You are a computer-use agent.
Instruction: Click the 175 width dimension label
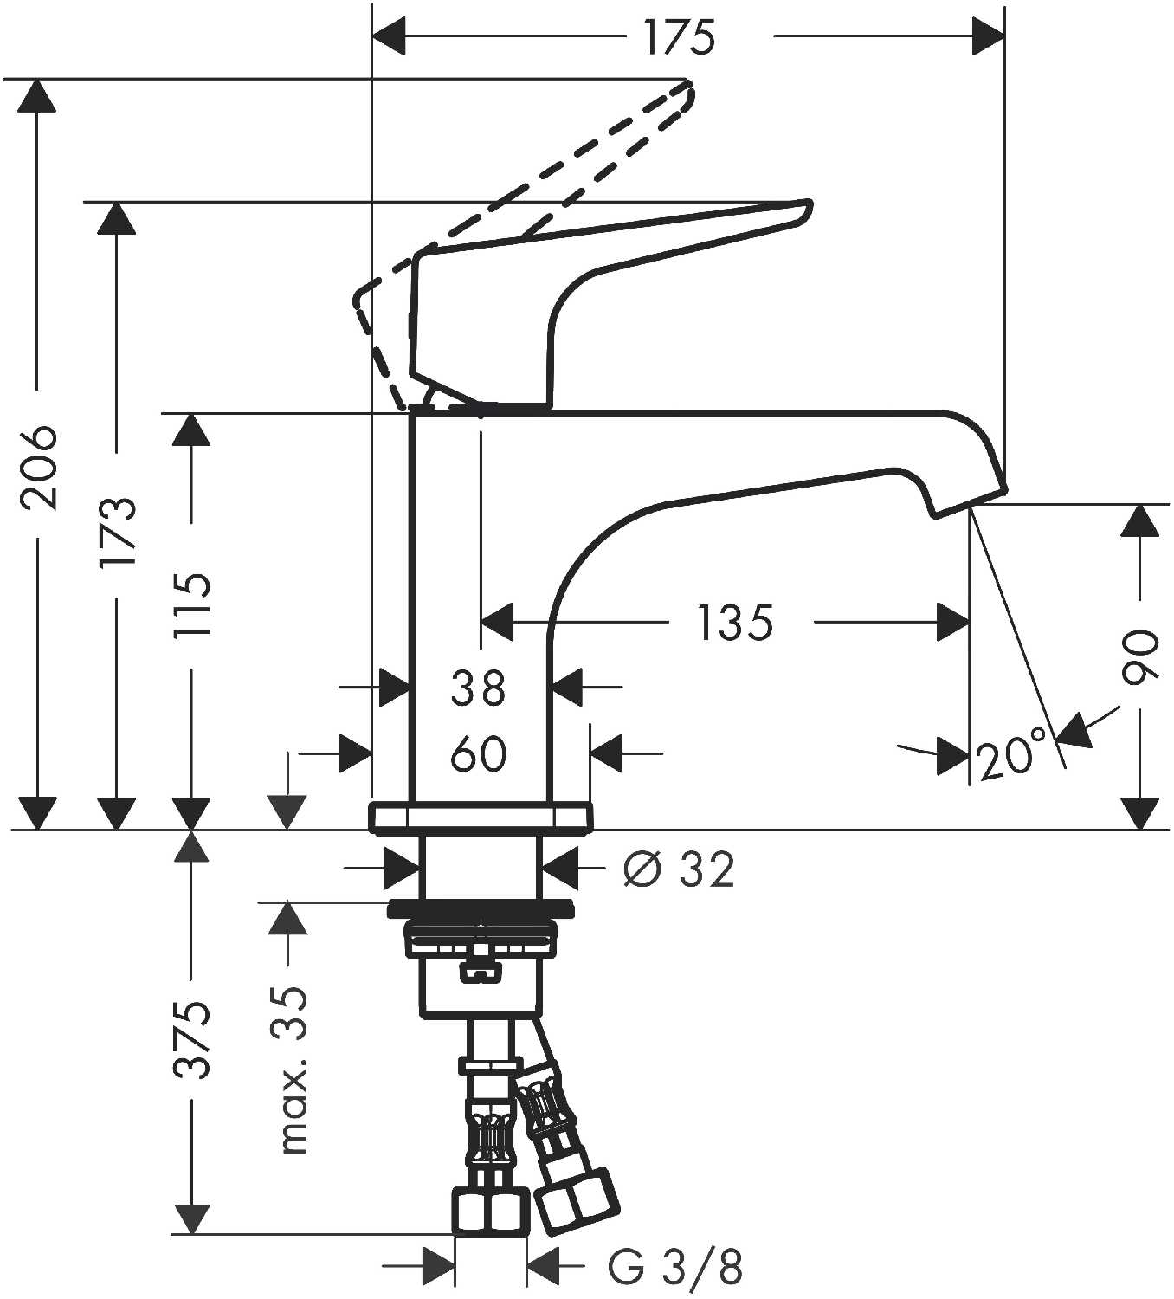(x=680, y=37)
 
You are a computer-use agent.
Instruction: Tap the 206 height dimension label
(x=38, y=467)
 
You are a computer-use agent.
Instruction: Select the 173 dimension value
(x=117, y=533)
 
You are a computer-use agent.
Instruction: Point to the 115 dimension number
(x=191, y=604)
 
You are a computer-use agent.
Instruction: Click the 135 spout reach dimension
(x=734, y=623)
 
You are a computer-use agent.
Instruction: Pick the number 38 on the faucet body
(x=479, y=688)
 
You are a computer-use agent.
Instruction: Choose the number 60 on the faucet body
(x=479, y=754)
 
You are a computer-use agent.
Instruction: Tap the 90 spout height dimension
(x=1139, y=657)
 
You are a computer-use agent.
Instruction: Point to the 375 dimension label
(x=191, y=1039)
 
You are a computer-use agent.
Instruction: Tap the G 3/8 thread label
(x=674, y=1267)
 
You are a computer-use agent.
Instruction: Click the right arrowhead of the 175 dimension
(x=990, y=37)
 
